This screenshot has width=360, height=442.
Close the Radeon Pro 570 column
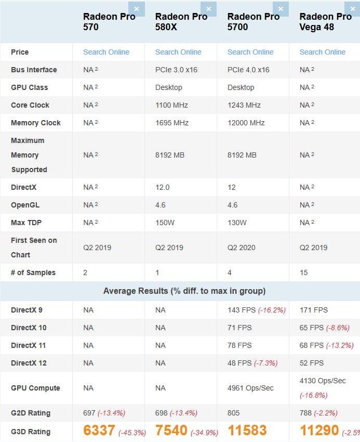(x=137, y=9)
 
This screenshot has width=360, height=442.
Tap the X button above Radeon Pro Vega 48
(x=353, y=9)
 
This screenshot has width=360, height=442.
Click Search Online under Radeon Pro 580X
(x=178, y=52)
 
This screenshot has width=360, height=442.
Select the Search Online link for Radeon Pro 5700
(x=250, y=52)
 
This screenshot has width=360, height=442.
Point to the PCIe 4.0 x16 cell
(x=248, y=70)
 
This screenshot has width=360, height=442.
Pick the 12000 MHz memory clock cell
(x=246, y=123)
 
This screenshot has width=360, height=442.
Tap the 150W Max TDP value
(x=165, y=223)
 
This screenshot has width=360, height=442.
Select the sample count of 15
(x=304, y=272)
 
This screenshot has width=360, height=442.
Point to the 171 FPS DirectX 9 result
(x=314, y=310)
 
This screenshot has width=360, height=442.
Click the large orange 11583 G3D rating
(x=247, y=431)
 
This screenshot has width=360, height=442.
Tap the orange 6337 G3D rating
(x=99, y=431)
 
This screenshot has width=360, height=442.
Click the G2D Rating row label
(x=31, y=413)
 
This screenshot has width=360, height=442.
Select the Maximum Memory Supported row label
(x=29, y=155)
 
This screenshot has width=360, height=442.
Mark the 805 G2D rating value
(x=234, y=413)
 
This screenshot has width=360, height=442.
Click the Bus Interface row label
(x=34, y=70)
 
